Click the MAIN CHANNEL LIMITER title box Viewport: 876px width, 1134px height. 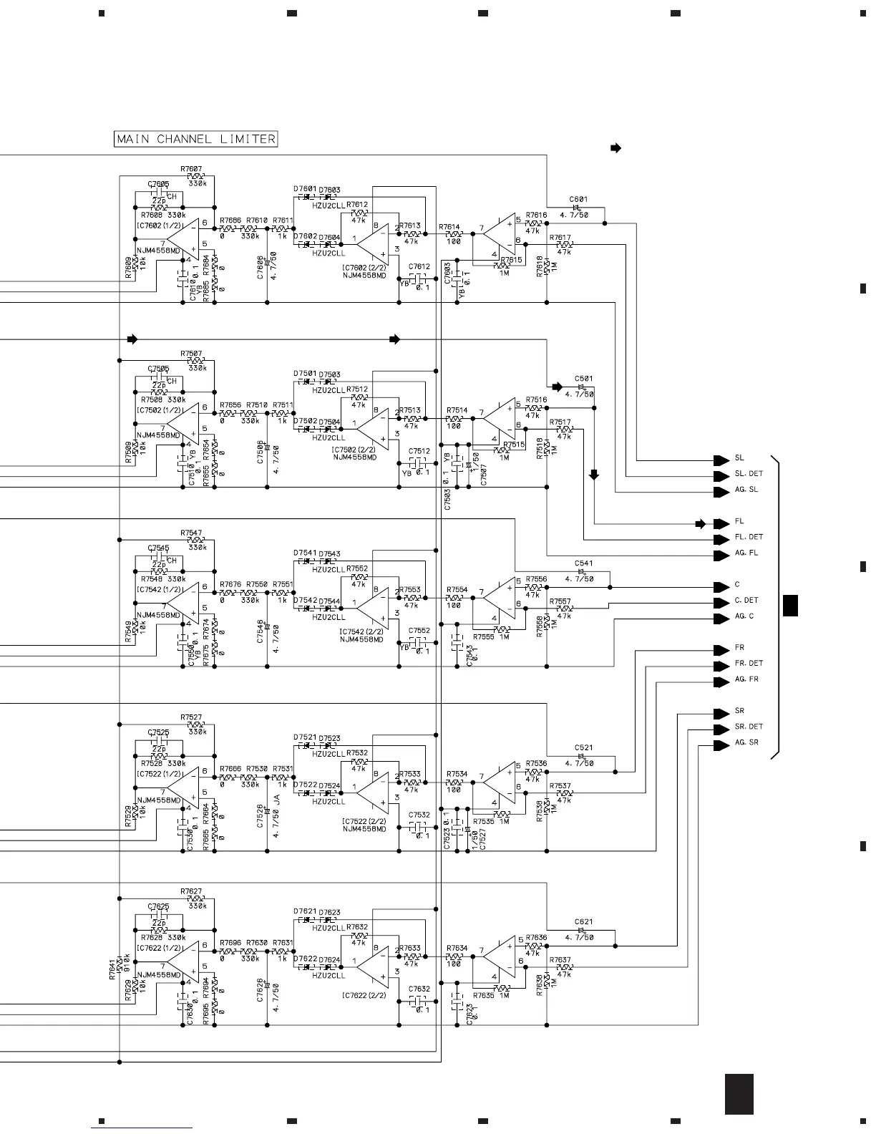[195, 139]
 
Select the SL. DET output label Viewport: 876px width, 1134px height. [749, 474]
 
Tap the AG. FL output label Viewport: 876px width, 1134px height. [746, 553]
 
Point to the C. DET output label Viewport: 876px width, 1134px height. [746, 601]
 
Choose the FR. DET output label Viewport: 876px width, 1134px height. [749, 664]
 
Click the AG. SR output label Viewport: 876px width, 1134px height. [746, 743]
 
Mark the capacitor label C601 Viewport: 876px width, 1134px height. [578, 200]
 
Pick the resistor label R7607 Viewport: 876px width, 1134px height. [191, 169]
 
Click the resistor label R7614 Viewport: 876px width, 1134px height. [449, 226]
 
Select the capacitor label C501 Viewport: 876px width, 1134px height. [583, 379]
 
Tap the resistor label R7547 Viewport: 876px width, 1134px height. [191, 533]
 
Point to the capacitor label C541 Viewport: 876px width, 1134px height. [583, 563]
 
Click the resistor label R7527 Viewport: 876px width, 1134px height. [191, 717]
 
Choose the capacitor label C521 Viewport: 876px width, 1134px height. [583, 748]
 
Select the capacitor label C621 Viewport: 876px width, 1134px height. [583, 922]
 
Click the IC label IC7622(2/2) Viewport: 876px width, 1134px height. [364, 995]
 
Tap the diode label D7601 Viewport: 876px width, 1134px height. [304, 189]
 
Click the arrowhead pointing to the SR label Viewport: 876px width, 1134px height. [721, 712]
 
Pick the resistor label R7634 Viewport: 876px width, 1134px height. [457, 948]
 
